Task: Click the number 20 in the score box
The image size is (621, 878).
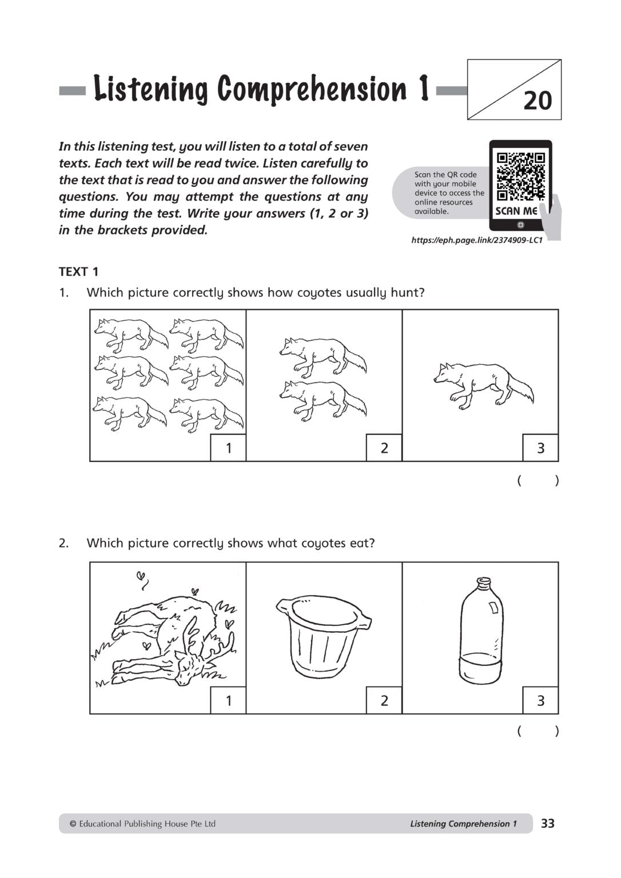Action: point(538,101)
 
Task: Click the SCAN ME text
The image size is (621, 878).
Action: point(516,211)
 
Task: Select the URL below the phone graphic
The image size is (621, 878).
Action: point(476,241)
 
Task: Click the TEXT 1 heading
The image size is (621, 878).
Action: point(78,272)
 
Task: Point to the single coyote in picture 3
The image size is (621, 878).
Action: point(483,384)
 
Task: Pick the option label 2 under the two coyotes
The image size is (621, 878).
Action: point(384,448)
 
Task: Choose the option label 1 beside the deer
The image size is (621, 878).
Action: point(229,701)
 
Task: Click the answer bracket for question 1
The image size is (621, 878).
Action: point(538,480)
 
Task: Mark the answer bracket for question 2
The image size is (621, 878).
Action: point(538,731)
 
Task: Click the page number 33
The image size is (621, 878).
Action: point(547,824)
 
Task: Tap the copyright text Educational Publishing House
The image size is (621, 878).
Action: point(142,824)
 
